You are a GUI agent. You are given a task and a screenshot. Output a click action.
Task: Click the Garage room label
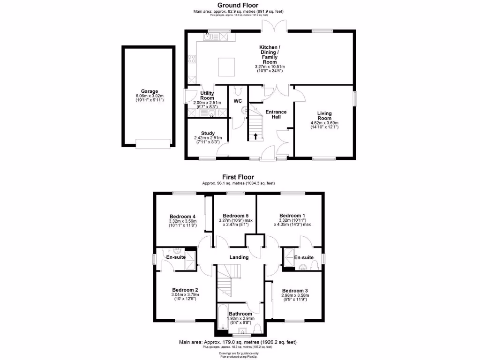click(150, 91)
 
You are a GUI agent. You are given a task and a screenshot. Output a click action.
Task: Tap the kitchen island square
click(227, 67)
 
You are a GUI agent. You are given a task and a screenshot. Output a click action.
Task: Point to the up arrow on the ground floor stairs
click(255, 137)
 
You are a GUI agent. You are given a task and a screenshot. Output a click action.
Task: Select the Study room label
click(207, 133)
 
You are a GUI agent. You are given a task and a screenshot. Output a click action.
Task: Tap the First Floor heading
click(238, 177)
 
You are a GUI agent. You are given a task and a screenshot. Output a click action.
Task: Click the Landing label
click(239, 257)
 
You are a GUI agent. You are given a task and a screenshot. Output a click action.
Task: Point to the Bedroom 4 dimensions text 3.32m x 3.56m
click(183, 221)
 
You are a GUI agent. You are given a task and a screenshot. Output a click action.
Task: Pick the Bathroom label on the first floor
click(240, 314)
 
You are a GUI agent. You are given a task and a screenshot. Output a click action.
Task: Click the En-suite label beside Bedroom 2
click(176, 257)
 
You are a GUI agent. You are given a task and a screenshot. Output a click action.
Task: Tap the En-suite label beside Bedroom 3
click(304, 257)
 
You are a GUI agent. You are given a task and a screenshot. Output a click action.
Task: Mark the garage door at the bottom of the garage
click(152, 143)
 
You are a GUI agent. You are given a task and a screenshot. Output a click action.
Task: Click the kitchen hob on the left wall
click(192, 59)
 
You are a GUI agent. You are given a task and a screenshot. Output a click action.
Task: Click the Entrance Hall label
click(276, 114)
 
